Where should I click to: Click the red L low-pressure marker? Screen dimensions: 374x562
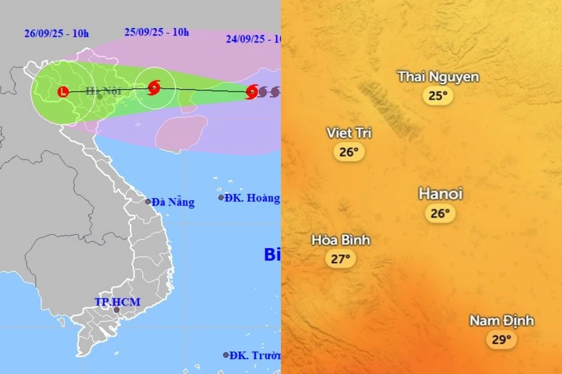tap(62, 92)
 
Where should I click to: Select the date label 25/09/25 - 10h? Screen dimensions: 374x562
tap(156, 32)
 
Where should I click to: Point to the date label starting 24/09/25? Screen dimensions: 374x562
tap(253, 39)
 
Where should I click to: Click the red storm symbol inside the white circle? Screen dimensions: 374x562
tap(154, 87)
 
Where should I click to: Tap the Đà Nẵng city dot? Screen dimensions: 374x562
tap(148, 201)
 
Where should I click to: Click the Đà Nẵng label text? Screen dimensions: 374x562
tap(174, 202)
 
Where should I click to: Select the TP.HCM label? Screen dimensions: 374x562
tap(117, 302)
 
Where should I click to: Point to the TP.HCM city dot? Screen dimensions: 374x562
tap(116, 310)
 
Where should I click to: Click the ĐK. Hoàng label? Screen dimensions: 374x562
tap(254, 198)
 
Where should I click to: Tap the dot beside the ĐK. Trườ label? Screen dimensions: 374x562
tap(226, 355)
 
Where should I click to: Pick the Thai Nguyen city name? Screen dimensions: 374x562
tap(438, 77)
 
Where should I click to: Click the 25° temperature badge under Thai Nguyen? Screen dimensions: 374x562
tap(438, 95)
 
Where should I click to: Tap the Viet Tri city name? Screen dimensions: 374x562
tap(349, 133)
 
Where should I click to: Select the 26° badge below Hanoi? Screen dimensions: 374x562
tap(440, 213)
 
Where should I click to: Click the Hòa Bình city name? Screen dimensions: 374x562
tap(341, 240)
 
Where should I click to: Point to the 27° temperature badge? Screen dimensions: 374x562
tap(340, 259)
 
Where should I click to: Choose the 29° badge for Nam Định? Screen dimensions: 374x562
tap(502, 340)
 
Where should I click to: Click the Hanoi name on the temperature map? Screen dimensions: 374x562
tap(440, 194)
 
